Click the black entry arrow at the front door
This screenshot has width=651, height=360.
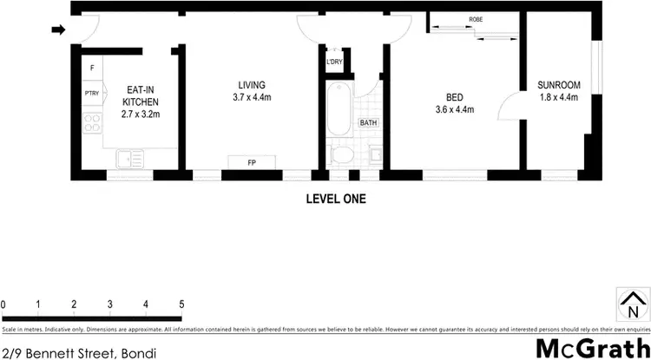pyautogui.click(x=58, y=30)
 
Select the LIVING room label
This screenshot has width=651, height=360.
pyautogui.click(x=252, y=91)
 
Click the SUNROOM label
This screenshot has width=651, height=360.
pyautogui.click(x=558, y=91)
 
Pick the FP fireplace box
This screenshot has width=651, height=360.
pyautogui.click(x=252, y=162)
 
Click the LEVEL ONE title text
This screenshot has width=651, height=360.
pyautogui.click(x=336, y=199)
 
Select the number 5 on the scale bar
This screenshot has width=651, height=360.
pyautogui.click(x=181, y=304)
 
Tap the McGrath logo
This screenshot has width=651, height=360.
pyautogui.click(x=590, y=347)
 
